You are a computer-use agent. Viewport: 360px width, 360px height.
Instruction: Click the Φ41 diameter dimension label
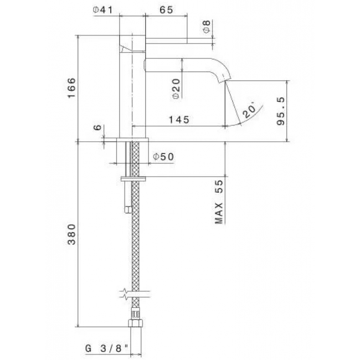pyautogui.click(x=102, y=10)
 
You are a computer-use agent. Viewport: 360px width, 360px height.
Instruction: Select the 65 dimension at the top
pyautogui.click(x=166, y=10)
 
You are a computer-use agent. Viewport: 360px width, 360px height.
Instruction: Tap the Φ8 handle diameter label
pyautogui.click(x=207, y=27)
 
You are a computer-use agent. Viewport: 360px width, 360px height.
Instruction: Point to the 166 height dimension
pyautogui.click(x=71, y=88)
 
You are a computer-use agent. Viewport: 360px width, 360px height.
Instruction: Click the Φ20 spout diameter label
pyautogui.click(x=176, y=89)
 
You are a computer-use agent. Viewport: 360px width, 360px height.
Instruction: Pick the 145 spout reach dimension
pyautogui.click(x=179, y=120)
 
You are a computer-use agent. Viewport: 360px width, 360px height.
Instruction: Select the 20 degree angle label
pyautogui.click(x=250, y=111)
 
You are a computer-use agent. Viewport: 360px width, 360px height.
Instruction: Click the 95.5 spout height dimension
pyautogui.click(x=281, y=111)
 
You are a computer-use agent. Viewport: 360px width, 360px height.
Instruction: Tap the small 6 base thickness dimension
pyautogui.click(x=97, y=127)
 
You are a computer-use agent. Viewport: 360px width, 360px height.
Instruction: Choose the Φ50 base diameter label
pyautogui.click(x=164, y=157)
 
